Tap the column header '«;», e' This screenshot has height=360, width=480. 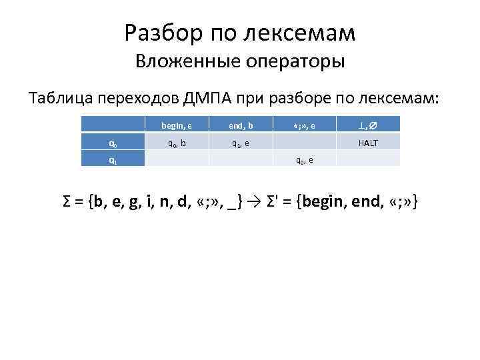pos(305,124)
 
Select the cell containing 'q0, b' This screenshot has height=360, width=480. pos(176,141)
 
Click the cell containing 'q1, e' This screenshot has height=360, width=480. pos(240,141)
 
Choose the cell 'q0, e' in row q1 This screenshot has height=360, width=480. pos(305,159)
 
